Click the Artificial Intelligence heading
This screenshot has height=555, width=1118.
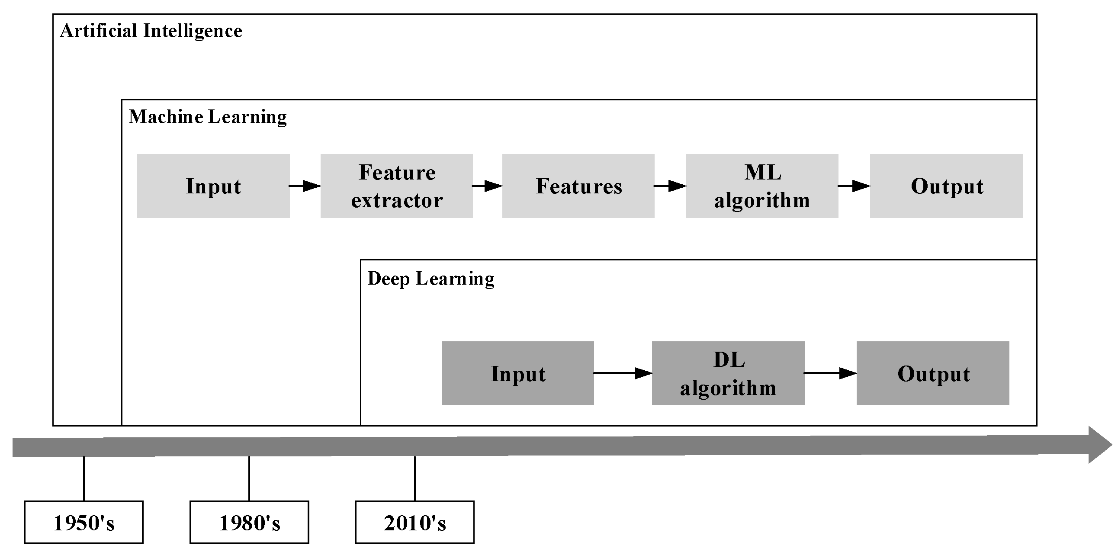tap(151, 31)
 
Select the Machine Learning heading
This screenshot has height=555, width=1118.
tap(207, 117)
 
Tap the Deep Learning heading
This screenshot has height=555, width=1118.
tap(430, 279)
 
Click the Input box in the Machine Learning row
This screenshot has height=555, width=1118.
tap(213, 186)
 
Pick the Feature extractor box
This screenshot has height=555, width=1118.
tap(396, 186)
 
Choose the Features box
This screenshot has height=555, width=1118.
tap(578, 186)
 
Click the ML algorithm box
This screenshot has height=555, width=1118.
tap(761, 186)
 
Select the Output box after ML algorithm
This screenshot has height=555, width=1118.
tap(946, 186)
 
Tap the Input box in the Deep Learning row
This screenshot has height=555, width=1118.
tap(517, 373)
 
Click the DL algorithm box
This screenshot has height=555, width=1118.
tap(728, 373)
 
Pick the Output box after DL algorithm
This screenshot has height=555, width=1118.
tap(933, 373)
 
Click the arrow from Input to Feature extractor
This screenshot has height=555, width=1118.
tap(305, 186)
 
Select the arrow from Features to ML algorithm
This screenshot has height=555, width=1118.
tap(670, 186)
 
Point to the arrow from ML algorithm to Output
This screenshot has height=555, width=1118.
tap(854, 186)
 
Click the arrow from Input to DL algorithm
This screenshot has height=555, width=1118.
tap(623, 373)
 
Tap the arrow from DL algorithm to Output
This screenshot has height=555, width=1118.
tap(830, 373)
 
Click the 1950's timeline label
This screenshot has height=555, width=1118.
tap(84, 523)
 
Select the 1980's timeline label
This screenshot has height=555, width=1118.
tap(249, 523)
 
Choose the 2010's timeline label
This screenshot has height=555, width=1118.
tap(414, 523)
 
